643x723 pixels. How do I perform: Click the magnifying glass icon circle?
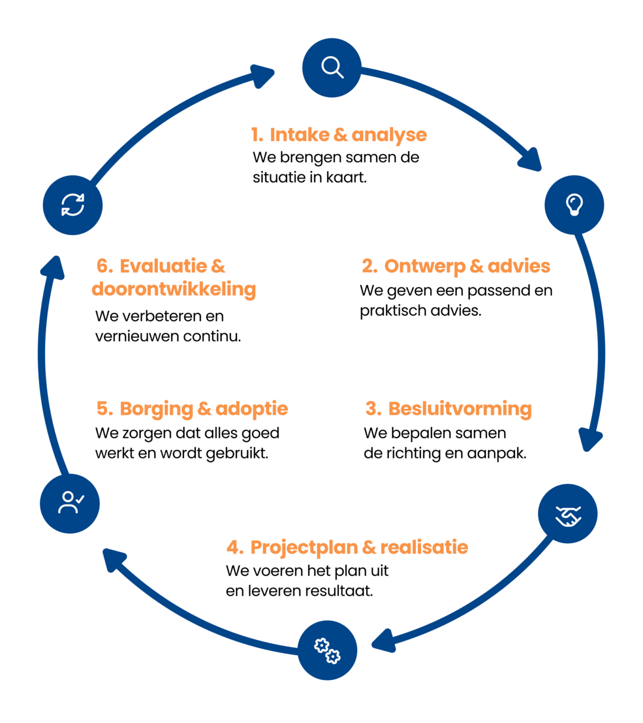[332, 68]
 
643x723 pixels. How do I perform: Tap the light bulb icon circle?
[574, 205]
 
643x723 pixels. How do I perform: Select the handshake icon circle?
[568, 514]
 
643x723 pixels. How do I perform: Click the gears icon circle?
[328, 650]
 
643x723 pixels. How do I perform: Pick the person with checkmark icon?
[70, 503]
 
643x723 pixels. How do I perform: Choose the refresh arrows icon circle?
[72, 205]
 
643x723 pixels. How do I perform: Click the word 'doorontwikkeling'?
[174, 289]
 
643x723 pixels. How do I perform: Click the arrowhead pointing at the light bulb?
[531, 161]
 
